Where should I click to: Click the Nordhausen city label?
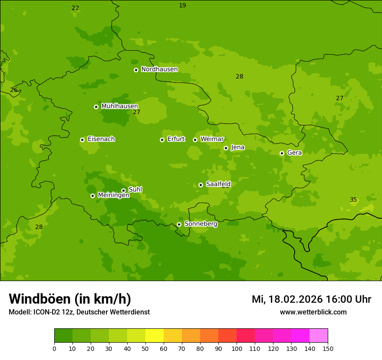tap(159, 69)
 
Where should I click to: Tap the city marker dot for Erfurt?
tap(162, 140)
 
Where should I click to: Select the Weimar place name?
tap(212, 139)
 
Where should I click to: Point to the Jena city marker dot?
tap(226, 148)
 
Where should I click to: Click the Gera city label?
tap(294, 153)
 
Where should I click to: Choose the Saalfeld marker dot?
tap(201, 185)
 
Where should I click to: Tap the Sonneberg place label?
tap(201, 224)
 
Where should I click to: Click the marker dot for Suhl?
tap(123, 190)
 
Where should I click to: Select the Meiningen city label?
tap(113, 195)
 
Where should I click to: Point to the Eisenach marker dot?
tap(82, 140)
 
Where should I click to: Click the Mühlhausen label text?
tap(119, 106)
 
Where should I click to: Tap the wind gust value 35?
tap(353, 200)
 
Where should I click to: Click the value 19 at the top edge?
tap(182, 5)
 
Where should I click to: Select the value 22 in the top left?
tap(76, 8)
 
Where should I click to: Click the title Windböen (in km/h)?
tap(70, 299)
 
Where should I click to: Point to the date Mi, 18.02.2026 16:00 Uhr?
tap(311, 299)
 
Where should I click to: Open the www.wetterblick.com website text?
tap(313, 312)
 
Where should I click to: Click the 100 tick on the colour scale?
tap(237, 348)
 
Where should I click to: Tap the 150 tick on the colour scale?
tap(328, 348)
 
